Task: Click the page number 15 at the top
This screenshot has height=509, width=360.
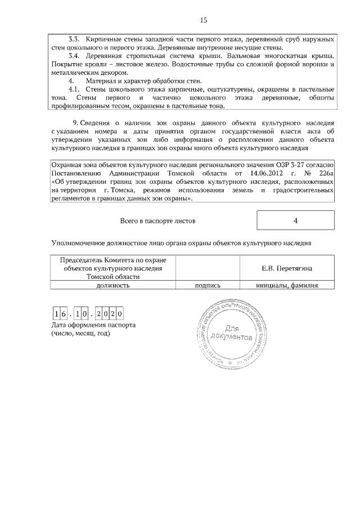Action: [x=203, y=21]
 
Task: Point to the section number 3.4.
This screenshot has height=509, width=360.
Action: [x=74, y=56]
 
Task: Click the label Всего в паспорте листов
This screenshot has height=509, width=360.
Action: [x=158, y=221]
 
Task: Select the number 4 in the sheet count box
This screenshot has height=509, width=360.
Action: [x=295, y=220]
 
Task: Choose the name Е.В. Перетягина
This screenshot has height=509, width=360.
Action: [x=287, y=269]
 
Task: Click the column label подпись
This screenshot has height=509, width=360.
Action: [x=208, y=285]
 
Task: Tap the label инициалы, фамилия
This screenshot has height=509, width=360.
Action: [x=287, y=285]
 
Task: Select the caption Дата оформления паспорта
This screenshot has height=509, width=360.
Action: [x=93, y=325]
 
